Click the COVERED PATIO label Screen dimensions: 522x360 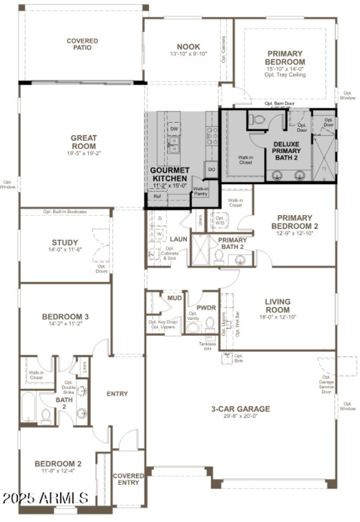[x=82, y=44]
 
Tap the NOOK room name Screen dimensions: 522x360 [x=189, y=47]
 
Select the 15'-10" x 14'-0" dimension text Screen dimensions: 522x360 [x=285, y=69]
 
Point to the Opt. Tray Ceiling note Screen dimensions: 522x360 [x=285, y=75]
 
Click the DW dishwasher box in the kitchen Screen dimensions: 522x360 [x=174, y=129]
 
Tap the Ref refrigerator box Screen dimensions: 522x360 [x=157, y=196]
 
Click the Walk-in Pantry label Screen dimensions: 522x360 [x=200, y=191]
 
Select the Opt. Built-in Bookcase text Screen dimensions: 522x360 [x=65, y=211]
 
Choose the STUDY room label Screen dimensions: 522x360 [x=65, y=242]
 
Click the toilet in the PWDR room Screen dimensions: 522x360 [x=210, y=324]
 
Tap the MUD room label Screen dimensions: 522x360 [x=174, y=298]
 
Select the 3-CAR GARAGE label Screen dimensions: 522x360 [x=241, y=409]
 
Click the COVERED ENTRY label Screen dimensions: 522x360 [x=128, y=479]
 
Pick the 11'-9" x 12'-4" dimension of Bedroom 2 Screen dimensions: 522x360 [x=58, y=471]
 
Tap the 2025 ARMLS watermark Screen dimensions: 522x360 [x=45, y=498]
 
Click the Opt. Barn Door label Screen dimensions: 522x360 [x=279, y=103]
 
